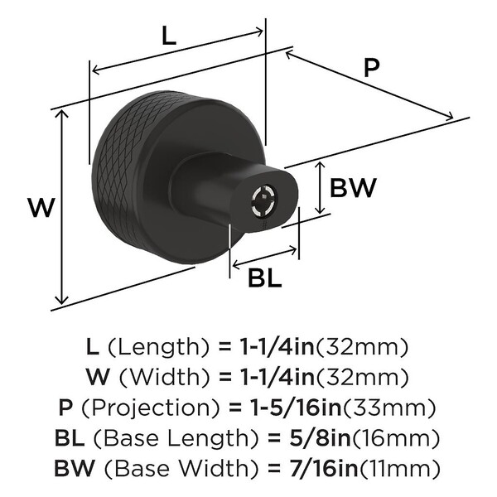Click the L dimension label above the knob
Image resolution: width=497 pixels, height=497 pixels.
click(x=169, y=36)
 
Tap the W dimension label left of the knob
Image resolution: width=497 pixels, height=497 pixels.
click(x=41, y=207)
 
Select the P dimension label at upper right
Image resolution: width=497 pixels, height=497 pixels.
click(x=371, y=68)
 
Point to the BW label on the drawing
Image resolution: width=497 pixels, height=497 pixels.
click(x=353, y=187)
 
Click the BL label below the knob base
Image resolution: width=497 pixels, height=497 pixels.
click(x=265, y=278)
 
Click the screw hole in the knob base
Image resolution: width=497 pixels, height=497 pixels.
click(x=264, y=201)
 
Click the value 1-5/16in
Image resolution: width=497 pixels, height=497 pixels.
click(x=296, y=408)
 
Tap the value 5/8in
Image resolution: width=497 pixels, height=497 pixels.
click(x=320, y=438)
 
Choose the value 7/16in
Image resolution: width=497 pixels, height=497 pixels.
click(x=324, y=468)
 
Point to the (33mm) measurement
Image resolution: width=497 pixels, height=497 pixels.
click(x=389, y=408)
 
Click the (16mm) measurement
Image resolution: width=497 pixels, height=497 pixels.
click(x=396, y=438)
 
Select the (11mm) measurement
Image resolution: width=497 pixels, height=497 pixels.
click(x=399, y=469)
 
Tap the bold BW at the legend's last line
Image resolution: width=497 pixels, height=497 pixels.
click(x=75, y=469)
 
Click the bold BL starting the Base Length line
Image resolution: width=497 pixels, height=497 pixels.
click(x=70, y=438)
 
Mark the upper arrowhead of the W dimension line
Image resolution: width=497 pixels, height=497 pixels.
click(x=62, y=114)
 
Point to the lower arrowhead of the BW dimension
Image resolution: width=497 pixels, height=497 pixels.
click(x=321, y=210)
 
